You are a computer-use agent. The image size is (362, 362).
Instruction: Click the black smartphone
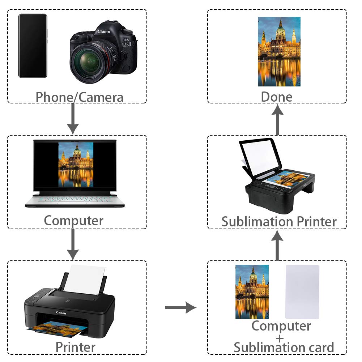point(33,46)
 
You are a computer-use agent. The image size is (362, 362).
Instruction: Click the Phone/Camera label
point(80,97)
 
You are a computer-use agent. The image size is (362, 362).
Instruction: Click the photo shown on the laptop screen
point(76,165)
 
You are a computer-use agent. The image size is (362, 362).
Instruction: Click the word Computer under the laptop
point(73,220)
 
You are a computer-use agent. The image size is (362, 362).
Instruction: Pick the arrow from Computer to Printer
point(73,244)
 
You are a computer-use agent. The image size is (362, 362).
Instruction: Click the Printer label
point(76,347)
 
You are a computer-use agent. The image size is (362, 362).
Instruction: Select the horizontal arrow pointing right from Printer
point(180,308)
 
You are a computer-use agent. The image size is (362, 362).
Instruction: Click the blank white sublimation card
point(302,291)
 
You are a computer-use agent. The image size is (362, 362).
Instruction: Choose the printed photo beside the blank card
point(252,291)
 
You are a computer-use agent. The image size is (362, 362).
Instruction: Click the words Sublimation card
point(284,348)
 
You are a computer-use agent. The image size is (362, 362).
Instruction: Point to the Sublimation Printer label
point(279,221)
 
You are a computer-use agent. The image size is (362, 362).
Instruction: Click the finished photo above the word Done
point(279,51)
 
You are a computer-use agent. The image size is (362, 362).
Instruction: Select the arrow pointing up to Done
point(277,120)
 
